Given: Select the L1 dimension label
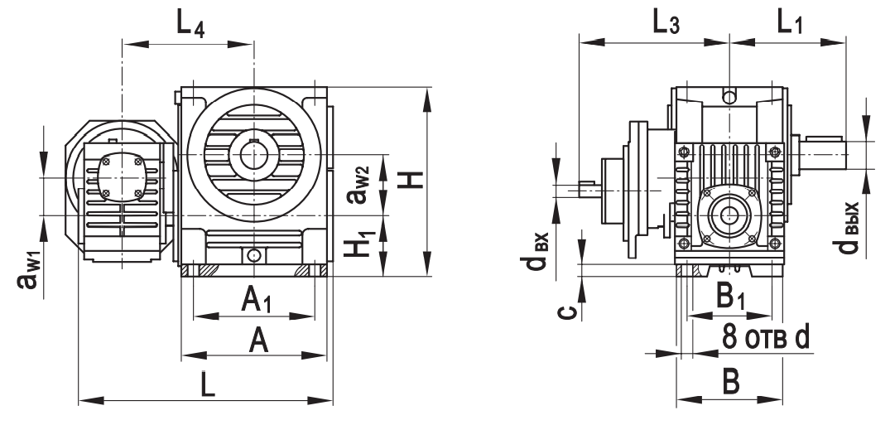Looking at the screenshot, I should pyautogui.click(x=789, y=24).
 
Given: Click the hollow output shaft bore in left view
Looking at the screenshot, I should pyautogui.click(x=253, y=154).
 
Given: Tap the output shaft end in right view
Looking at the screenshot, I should pyautogui.click(x=828, y=154).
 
